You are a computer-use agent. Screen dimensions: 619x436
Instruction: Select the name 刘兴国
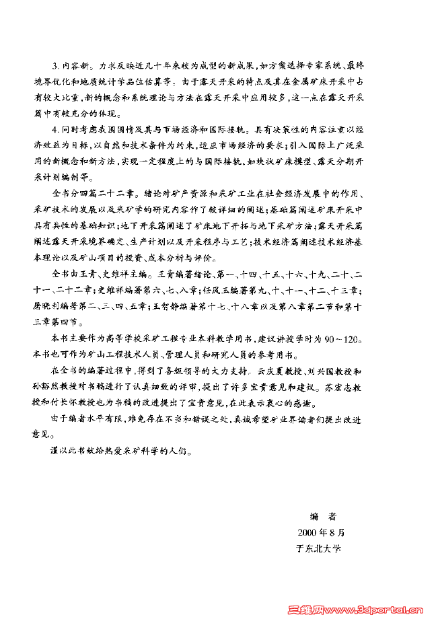(x=326, y=371)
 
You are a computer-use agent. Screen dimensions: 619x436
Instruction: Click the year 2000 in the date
(x=307, y=532)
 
